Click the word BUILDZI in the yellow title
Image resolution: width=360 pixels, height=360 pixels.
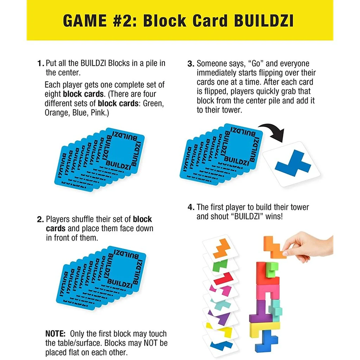point(264,21)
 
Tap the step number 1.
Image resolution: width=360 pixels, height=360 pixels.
point(40,64)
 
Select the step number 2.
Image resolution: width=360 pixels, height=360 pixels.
point(40,219)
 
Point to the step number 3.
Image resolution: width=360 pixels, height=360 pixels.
point(191,64)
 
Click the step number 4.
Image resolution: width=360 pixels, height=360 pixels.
point(191,207)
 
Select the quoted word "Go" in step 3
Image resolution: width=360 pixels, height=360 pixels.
point(259,64)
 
